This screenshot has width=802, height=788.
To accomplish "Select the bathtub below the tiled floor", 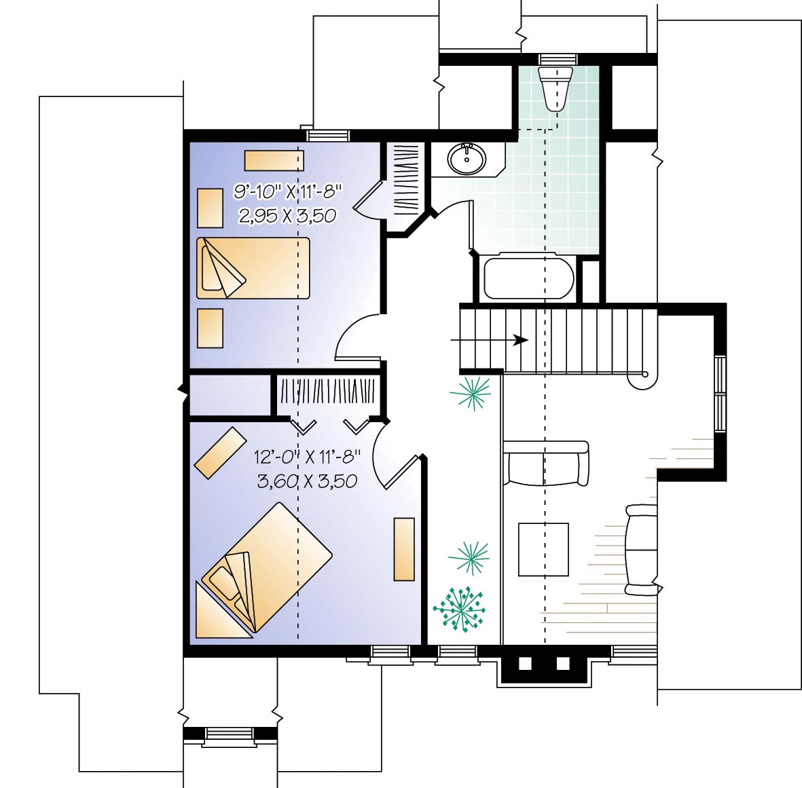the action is click(529, 277).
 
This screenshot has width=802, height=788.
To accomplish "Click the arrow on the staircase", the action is click(490, 339).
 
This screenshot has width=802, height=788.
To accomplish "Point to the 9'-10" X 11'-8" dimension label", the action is click(287, 192).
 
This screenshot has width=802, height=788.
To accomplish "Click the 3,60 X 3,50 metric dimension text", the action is click(307, 481).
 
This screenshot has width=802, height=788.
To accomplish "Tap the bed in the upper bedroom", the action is click(253, 267).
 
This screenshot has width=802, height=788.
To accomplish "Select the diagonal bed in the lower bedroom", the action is click(266, 567).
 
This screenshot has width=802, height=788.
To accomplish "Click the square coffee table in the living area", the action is click(543, 549).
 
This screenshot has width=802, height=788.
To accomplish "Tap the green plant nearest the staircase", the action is click(471, 393).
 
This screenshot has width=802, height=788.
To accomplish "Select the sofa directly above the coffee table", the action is click(546, 463).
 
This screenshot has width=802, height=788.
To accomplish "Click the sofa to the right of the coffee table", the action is click(641, 550).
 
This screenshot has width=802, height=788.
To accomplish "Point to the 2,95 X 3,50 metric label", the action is click(287, 215).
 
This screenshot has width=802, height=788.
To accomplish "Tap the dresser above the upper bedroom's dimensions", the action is click(274, 160).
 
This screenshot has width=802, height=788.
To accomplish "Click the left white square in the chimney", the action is click(526, 663).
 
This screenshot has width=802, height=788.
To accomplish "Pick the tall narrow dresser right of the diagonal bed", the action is click(404, 549).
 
